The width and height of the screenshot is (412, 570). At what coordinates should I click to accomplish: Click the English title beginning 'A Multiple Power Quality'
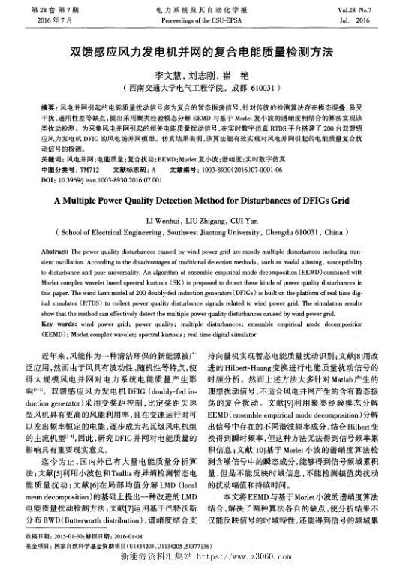click(206, 201)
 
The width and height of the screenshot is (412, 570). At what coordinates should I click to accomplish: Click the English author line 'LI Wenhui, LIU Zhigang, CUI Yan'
click(206, 219)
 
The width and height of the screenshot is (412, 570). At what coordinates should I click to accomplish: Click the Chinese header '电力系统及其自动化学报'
click(206, 8)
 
